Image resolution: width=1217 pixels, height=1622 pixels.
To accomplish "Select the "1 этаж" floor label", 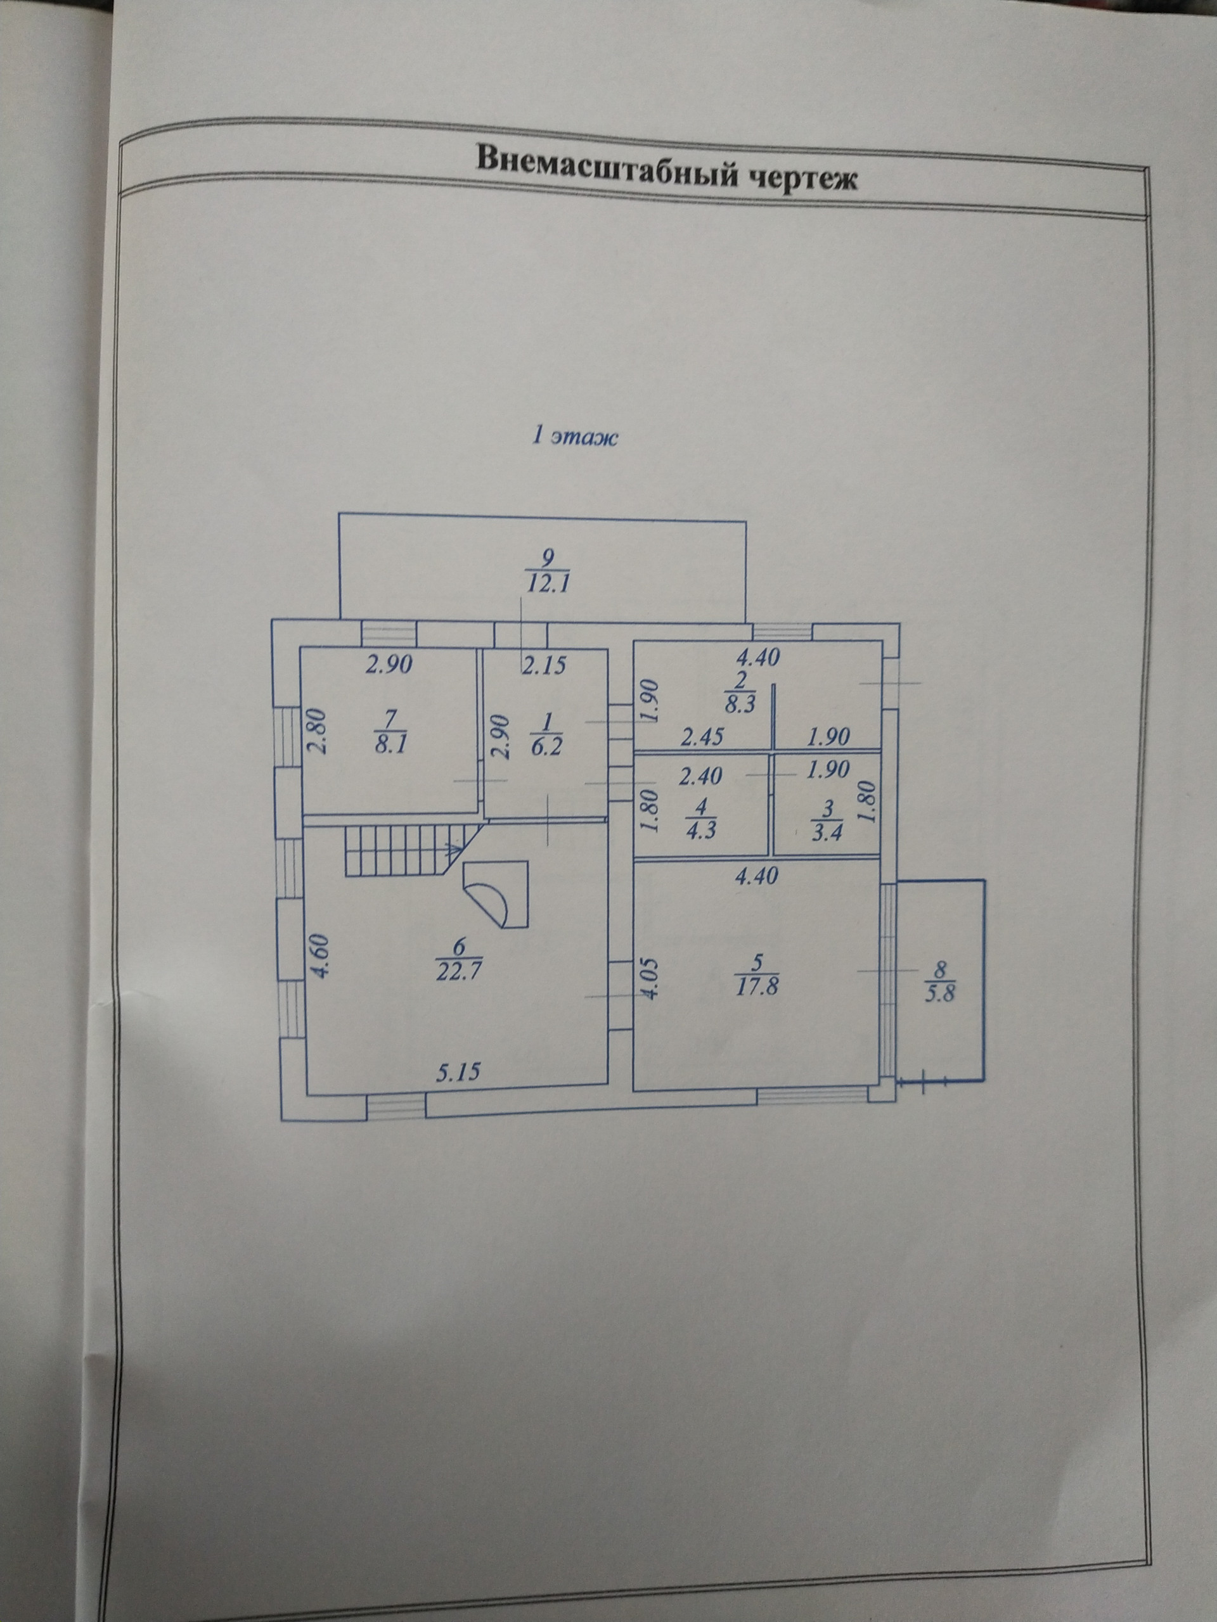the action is (x=574, y=437).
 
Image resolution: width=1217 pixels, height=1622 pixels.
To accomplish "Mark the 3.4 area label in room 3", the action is (x=827, y=833).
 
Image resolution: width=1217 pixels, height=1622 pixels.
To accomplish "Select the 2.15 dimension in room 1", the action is (x=544, y=666).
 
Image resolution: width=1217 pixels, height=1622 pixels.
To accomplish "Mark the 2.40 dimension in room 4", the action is (x=700, y=774).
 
